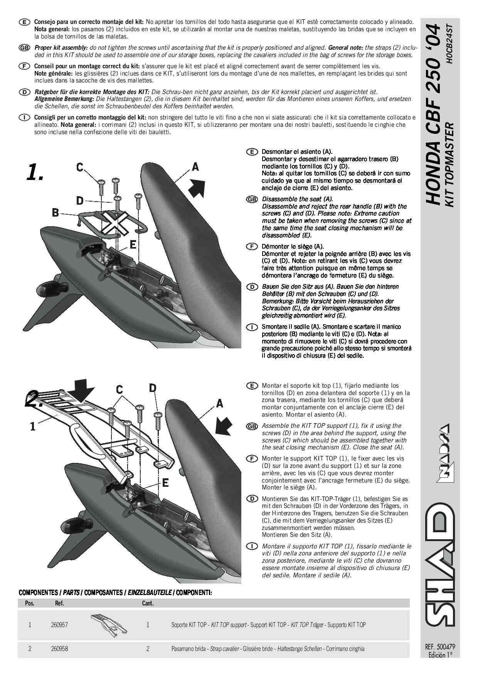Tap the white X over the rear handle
(115, 223)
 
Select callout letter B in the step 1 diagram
(56, 212)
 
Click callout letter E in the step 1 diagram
(133, 245)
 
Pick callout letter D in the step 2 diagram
(153, 388)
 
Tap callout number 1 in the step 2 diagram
(33, 427)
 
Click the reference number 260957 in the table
(59, 625)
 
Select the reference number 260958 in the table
(59, 649)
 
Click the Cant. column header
(148, 603)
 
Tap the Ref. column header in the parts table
(59, 603)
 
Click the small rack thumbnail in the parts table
(109, 625)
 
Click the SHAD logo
(440, 563)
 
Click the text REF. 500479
(440, 647)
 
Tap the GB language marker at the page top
(24, 48)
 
